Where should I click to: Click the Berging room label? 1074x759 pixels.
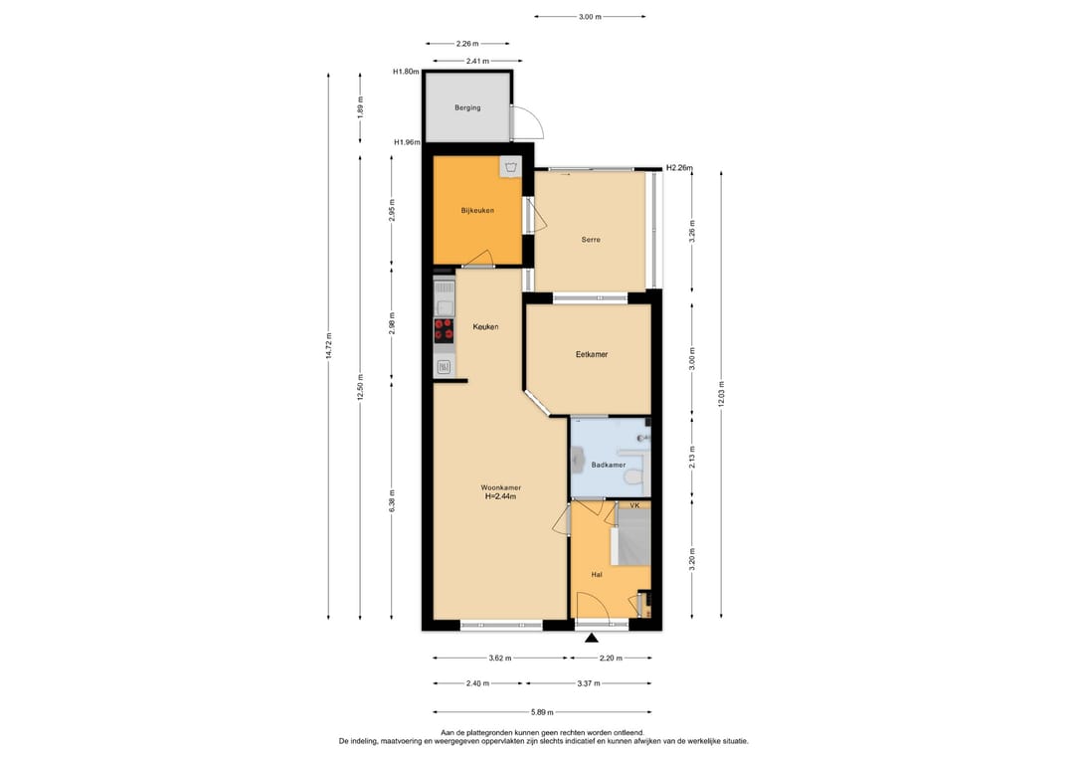pos(467,107)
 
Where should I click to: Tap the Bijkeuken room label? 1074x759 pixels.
pos(477,210)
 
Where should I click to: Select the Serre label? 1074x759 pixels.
pos(591,240)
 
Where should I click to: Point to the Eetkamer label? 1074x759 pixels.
pos(592,354)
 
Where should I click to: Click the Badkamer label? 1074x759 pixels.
pos(609,465)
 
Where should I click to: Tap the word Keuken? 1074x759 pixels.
pos(485,326)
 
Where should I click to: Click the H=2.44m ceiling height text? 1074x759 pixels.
pos(500,496)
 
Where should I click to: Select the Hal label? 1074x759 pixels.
pos(597,575)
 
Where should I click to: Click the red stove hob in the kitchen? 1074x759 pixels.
pos(444,329)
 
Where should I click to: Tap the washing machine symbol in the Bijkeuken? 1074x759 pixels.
pos(509,166)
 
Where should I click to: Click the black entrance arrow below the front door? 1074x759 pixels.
pos(592,639)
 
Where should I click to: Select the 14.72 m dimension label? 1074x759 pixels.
pos(329,346)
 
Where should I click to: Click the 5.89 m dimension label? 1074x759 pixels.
pos(542,712)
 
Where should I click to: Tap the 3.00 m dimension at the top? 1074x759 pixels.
pos(590,17)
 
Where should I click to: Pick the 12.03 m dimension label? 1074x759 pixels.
pos(721,394)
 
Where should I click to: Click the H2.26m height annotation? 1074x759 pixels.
pos(679,168)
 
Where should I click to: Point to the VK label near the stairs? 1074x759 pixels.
pos(634,505)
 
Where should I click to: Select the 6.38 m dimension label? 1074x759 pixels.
pos(392,500)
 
